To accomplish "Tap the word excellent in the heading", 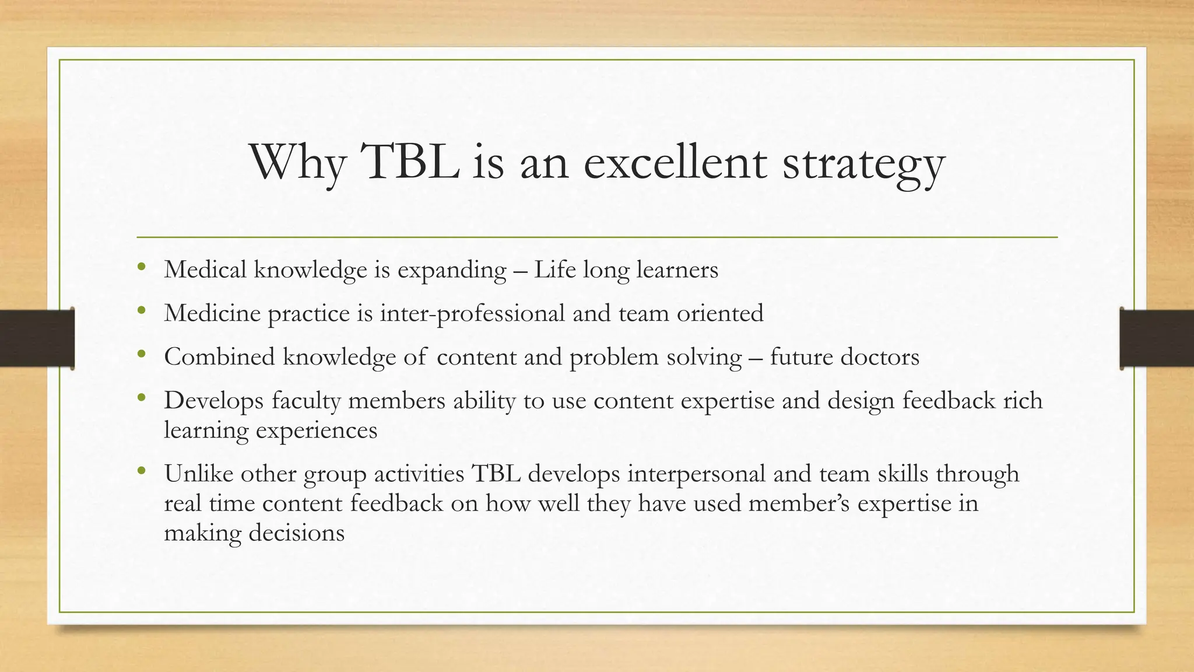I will coord(675,163).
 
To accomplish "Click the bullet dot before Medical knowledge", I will coord(141,268).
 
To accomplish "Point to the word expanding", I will coord(452,270).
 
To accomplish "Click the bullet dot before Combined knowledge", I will coord(141,355).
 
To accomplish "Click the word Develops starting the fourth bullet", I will coord(213,401).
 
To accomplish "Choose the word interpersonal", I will coord(696,474).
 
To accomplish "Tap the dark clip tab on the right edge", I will coord(1157,338).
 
